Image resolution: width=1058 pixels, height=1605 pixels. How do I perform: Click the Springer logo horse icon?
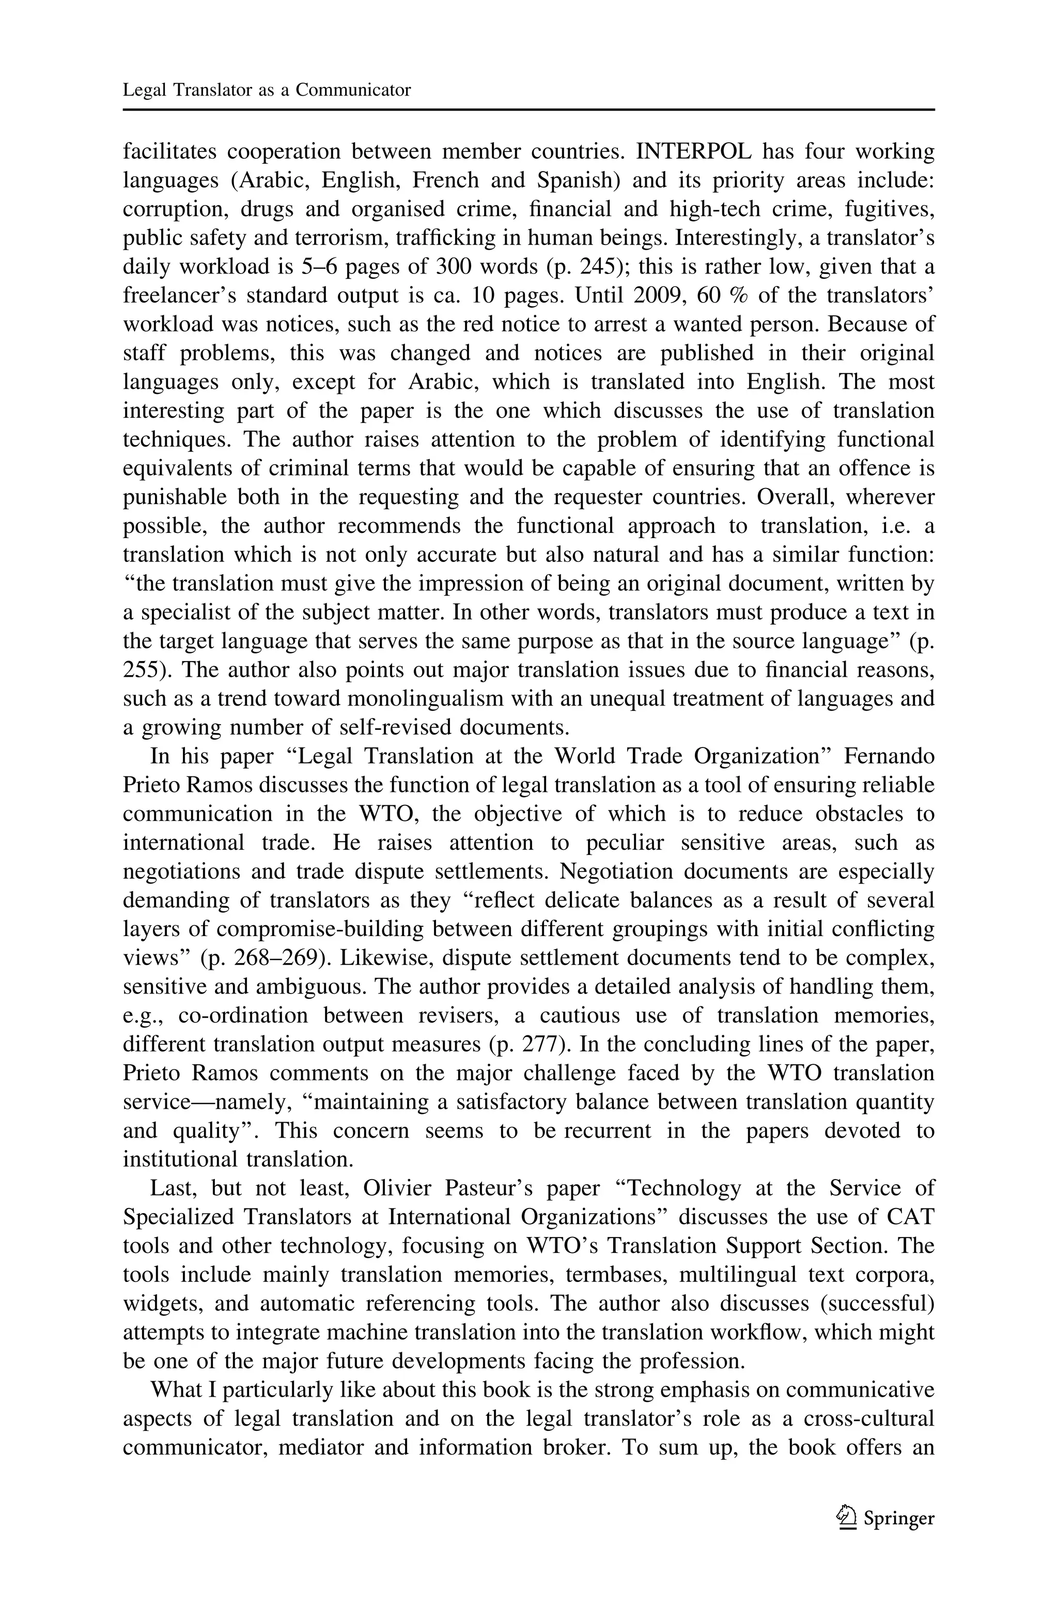point(846,1519)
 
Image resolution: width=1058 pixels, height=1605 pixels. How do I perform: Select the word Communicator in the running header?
point(353,90)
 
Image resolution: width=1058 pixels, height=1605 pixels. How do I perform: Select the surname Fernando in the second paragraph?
point(889,757)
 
